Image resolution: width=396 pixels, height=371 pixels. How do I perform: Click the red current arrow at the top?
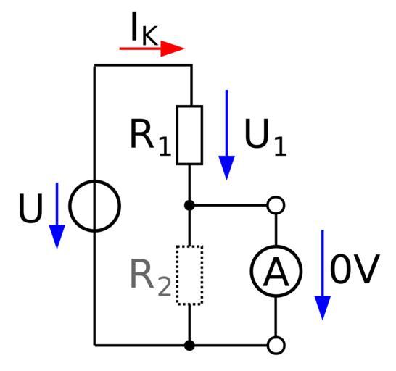coord(152,49)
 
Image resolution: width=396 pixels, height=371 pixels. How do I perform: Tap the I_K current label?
coord(144,28)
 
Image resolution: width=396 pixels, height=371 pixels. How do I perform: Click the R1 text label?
coord(151,138)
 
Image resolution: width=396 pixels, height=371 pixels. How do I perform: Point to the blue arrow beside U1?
coord(226,135)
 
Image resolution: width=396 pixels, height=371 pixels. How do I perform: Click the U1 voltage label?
coord(265,138)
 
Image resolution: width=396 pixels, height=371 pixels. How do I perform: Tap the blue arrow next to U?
coord(57,216)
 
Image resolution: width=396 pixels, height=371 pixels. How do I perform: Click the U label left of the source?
coord(30,209)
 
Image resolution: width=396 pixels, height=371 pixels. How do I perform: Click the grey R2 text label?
coord(151,278)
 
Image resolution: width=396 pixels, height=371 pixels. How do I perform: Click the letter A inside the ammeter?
coord(276,271)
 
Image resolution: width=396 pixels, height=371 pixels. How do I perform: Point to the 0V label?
coord(355,269)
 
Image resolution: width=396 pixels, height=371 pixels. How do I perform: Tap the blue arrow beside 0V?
coord(323,275)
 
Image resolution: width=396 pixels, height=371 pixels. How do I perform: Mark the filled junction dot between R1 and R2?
coord(189,205)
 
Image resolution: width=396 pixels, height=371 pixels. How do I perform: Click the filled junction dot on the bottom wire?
coord(189,345)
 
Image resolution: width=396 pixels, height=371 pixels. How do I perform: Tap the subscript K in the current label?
coord(149,36)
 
